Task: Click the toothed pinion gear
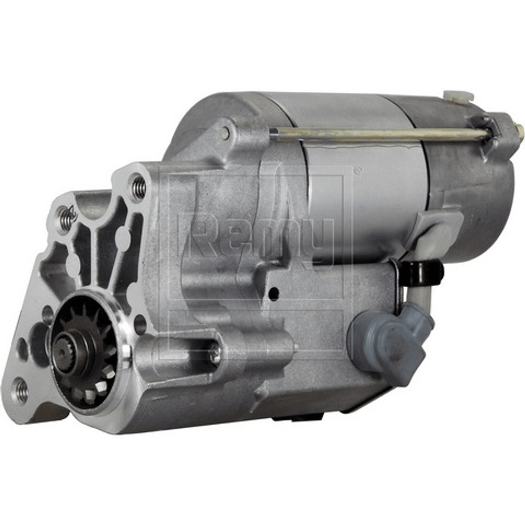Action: point(85,351)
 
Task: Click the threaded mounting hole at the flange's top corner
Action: point(137,184)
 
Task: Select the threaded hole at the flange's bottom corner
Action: point(21,390)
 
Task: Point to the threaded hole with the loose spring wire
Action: point(65,213)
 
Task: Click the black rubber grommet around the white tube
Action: point(422,272)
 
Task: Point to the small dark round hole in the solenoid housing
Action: point(274,293)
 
